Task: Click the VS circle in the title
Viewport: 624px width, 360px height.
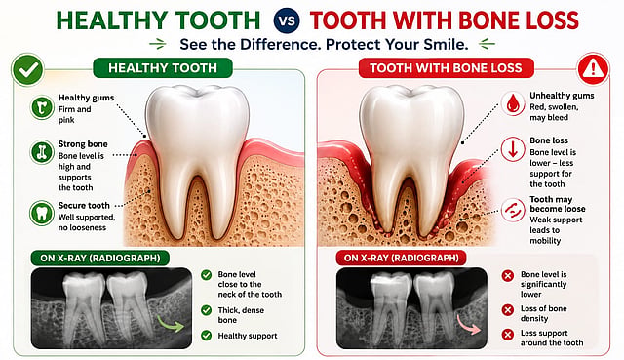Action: pyautogui.click(x=287, y=20)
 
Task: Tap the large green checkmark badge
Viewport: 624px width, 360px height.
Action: pyautogui.click(x=28, y=69)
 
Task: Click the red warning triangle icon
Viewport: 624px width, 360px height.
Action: pyautogui.click(x=593, y=69)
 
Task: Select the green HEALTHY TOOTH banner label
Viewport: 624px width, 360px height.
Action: pyautogui.click(x=163, y=67)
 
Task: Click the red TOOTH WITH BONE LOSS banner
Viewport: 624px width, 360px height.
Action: pyautogui.click(x=446, y=67)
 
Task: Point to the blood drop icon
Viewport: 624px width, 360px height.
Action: pyautogui.click(x=513, y=103)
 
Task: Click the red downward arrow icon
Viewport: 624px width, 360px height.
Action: pyautogui.click(x=513, y=149)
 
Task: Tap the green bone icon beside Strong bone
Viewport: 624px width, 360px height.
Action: pyautogui.click(x=42, y=152)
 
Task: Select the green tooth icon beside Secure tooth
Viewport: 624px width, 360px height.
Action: pyautogui.click(x=42, y=213)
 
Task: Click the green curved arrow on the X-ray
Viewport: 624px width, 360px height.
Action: pyautogui.click(x=172, y=323)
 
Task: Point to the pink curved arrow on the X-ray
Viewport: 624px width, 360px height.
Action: pyautogui.click(x=469, y=324)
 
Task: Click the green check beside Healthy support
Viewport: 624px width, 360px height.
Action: pyautogui.click(x=206, y=336)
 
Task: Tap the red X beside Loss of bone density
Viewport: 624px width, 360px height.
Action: pyautogui.click(x=507, y=310)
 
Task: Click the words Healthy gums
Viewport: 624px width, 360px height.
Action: pyautogui.click(x=86, y=98)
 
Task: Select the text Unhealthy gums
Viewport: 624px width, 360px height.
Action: pyautogui.click(x=562, y=96)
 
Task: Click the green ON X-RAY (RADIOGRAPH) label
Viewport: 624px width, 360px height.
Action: pyautogui.click(x=100, y=259)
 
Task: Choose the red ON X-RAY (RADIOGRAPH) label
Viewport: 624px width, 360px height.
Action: pyautogui.click(x=402, y=258)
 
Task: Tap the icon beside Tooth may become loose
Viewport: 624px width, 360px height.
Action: pyautogui.click(x=513, y=210)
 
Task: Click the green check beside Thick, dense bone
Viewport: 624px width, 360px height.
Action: pyautogui.click(x=206, y=310)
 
